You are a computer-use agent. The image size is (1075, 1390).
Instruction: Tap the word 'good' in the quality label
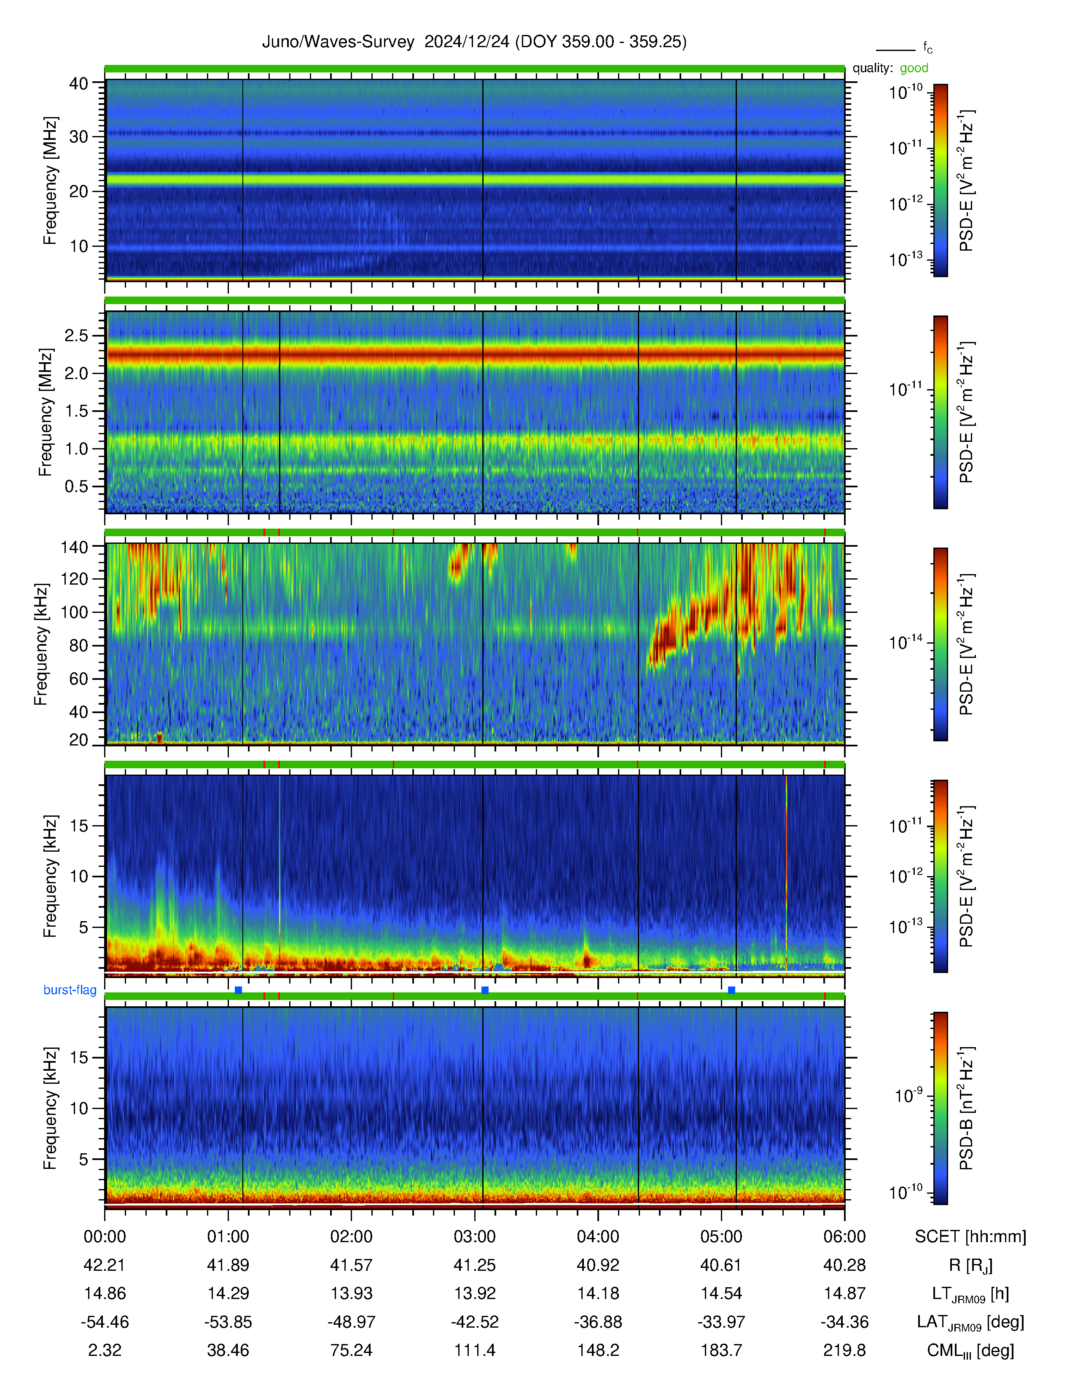coord(914,68)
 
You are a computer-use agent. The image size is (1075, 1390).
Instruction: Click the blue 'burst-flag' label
coord(70,990)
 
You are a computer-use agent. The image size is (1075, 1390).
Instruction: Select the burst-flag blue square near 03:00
coord(485,990)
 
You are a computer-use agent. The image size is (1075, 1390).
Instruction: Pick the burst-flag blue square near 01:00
coord(238,990)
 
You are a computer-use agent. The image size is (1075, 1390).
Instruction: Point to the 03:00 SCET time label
coord(474,1237)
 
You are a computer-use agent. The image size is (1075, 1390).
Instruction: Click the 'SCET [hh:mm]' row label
coord(970,1237)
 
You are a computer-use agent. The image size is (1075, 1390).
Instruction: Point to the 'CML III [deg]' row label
coord(970,1350)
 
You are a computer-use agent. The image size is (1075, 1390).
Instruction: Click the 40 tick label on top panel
coord(78,83)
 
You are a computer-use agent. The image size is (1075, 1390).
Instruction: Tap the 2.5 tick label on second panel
coord(76,335)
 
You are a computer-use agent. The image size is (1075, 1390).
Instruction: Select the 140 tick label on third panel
coord(74,547)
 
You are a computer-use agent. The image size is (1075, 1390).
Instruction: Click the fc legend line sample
coord(895,50)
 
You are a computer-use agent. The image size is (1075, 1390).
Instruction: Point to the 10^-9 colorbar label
coord(908,1095)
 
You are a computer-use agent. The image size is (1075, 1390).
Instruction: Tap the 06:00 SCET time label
coord(844,1237)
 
